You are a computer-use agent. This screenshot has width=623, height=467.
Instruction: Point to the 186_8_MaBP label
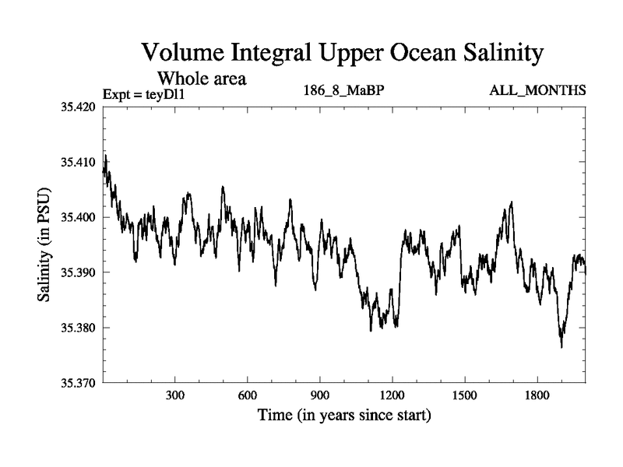[x=343, y=91]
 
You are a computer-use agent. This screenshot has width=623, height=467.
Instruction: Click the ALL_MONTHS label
[x=537, y=91]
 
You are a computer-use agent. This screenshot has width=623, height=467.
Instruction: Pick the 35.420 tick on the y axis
[x=78, y=107]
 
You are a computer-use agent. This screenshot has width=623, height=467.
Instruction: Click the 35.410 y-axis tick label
[x=78, y=162]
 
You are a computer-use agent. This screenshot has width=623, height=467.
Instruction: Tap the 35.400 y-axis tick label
[x=78, y=217]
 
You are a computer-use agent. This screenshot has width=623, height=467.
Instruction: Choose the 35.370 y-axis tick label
[x=78, y=383]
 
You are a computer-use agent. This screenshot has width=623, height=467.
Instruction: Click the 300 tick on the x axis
[x=175, y=396]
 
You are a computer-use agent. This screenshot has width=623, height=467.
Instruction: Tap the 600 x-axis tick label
[x=248, y=396]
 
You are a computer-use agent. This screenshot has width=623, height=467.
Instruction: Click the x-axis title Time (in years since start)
[x=344, y=416]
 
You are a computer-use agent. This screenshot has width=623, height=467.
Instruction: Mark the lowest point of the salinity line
[x=561, y=347]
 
